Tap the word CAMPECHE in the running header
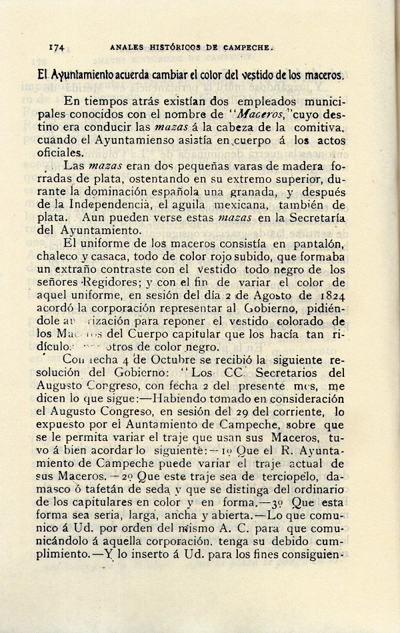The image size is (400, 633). pos(243,47)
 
